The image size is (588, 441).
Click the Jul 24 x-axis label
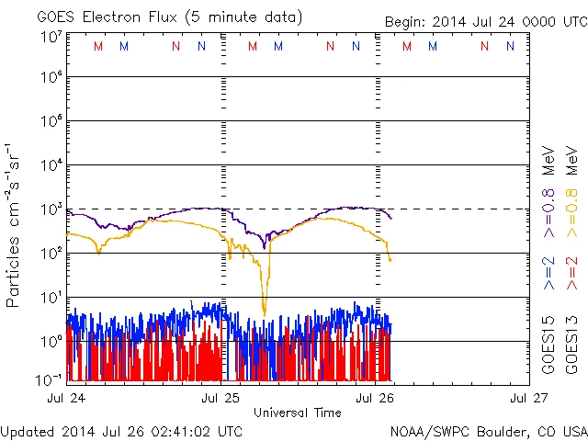click(65, 398)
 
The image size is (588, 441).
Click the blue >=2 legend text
click(548, 272)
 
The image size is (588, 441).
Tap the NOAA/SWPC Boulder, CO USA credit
click(488, 432)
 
